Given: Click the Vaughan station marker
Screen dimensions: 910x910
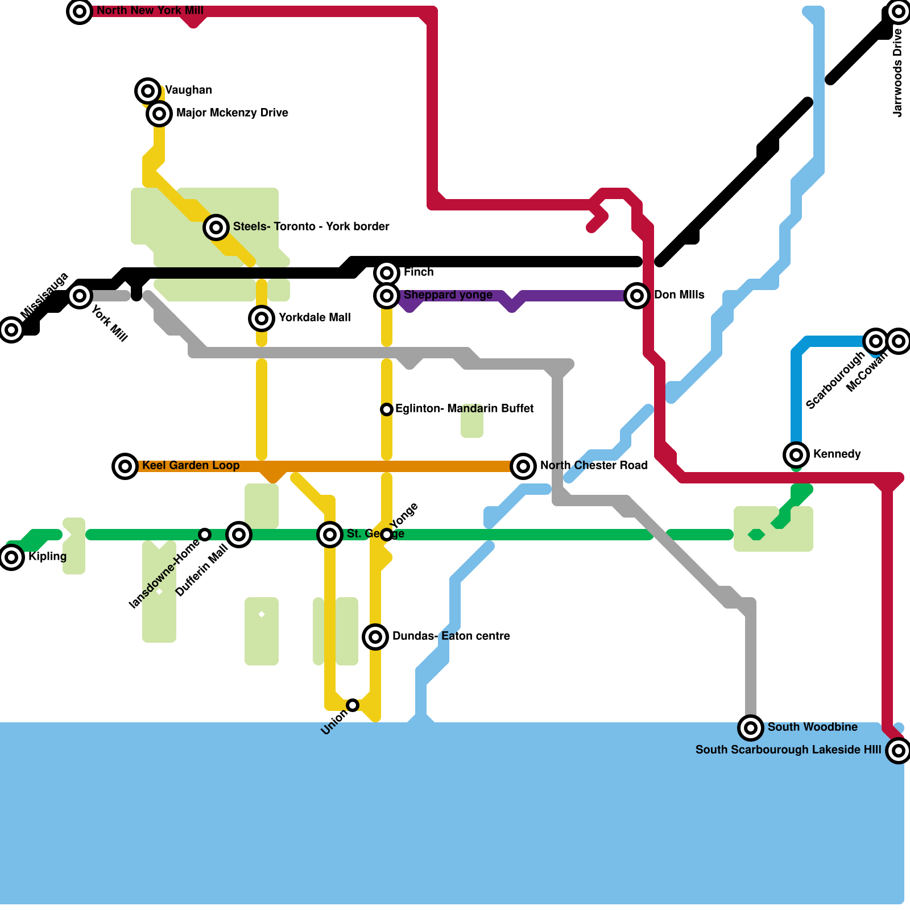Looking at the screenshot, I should (148, 90).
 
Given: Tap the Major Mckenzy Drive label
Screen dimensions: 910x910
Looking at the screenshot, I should (232, 113).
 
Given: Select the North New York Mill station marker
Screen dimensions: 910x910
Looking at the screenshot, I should (80, 11).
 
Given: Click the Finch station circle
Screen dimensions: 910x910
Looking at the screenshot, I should (387, 273).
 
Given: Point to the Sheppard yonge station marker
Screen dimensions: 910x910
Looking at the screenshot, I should (387, 296).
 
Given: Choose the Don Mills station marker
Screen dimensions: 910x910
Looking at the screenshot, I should (637, 296).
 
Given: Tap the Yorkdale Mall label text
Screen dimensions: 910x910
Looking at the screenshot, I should (315, 318).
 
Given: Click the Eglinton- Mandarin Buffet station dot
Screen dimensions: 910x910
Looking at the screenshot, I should (387, 409).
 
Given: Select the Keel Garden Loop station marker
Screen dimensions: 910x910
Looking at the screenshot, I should (125, 466).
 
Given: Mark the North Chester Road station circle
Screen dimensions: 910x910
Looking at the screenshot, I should (523, 466).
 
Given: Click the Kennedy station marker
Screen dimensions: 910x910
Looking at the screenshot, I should (796, 455).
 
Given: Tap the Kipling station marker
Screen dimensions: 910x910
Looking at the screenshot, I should (11, 557).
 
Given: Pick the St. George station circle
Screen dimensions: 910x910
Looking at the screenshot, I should (330, 535).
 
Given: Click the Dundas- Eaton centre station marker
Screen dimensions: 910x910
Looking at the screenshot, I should (375, 637).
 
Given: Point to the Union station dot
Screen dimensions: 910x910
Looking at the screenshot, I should (353, 705).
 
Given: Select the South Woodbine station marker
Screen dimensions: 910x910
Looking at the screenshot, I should (751, 728).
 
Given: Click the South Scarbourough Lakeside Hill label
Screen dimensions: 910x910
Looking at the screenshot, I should (788, 750).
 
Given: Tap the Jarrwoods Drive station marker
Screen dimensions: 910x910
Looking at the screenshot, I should (899, 11).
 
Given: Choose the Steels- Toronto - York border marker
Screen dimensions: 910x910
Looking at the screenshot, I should (216, 227).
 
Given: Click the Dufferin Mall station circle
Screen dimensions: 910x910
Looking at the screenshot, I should (239, 535).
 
